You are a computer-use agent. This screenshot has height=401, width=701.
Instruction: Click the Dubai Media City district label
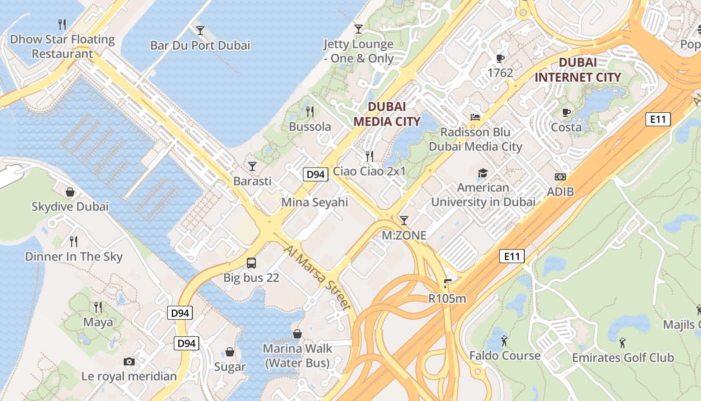click(387, 114)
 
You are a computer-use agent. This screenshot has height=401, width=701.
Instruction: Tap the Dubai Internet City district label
click(577, 70)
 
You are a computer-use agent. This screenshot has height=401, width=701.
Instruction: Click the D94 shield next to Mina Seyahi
click(315, 174)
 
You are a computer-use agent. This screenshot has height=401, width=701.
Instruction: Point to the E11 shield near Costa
click(657, 119)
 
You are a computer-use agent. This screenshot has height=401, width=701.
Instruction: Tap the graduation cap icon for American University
click(483, 173)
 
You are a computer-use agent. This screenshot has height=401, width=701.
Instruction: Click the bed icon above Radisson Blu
click(475, 117)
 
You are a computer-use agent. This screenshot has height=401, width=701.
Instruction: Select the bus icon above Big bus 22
click(251, 263)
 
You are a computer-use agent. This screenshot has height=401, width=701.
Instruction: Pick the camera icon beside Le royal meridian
click(129, 361)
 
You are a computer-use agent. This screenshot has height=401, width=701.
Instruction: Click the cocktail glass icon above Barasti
click(252, 166)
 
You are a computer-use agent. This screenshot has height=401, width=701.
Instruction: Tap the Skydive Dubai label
click(70, 207)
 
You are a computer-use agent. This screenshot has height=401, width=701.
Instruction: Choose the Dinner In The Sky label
click(74, 257)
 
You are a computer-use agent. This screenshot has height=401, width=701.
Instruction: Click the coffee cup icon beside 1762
click(500, 58)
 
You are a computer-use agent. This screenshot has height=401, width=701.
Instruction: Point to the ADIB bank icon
click(560, 177)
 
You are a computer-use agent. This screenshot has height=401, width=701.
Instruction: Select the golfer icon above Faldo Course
click(504, 341)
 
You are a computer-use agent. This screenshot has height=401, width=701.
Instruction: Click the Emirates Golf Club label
click(623, 358)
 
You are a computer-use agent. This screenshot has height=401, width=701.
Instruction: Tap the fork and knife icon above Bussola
click(310, 111)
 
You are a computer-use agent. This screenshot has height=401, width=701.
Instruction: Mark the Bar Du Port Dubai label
click(200, 46)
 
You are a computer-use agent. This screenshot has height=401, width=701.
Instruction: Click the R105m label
click(447, 299)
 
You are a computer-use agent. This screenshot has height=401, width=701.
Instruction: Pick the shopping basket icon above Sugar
click(230, 352)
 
